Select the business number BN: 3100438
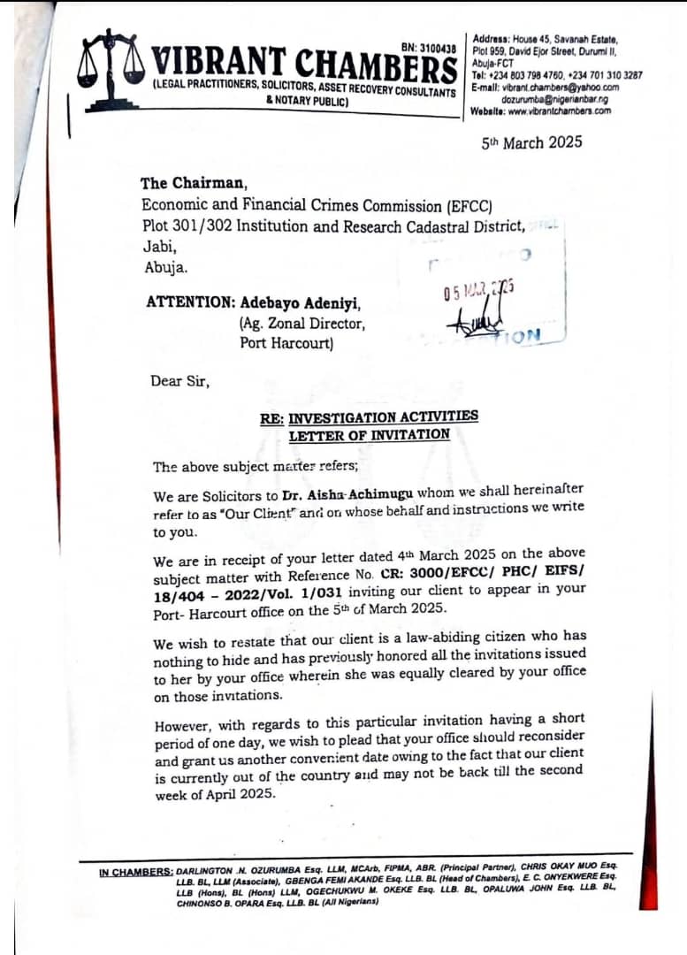tap(428, 47)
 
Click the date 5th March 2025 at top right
tap(531, 141)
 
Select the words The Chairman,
tap(194, 183)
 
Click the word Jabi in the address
tap(159, 247)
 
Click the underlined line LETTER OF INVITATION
tap(369, 434)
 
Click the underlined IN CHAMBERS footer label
tap(136, 873)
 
